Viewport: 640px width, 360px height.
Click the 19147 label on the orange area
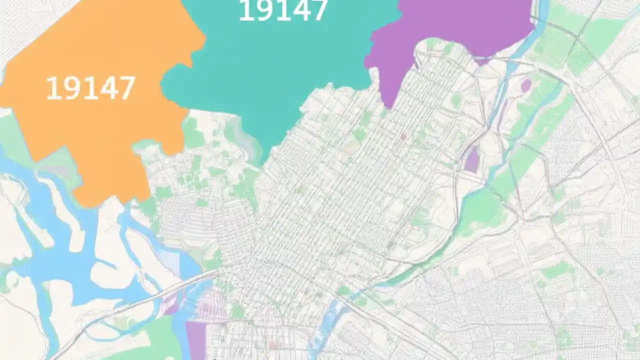click(90, 88)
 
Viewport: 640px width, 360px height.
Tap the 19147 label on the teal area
click(283, 11)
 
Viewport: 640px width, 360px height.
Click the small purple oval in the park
click(525, 86)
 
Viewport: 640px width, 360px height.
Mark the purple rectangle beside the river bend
click(472, 160)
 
